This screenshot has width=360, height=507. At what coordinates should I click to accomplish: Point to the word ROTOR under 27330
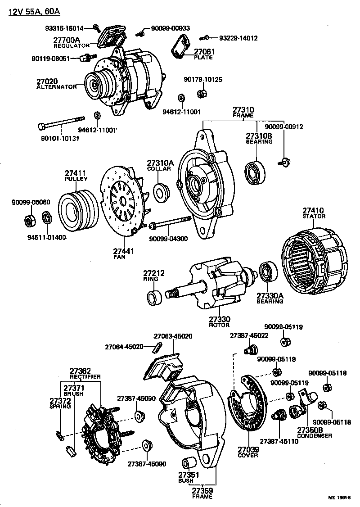220,325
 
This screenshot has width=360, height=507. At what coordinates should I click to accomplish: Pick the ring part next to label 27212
155,297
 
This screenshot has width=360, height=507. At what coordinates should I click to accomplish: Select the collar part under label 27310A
161,192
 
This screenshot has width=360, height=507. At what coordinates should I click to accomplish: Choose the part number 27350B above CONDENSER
309,430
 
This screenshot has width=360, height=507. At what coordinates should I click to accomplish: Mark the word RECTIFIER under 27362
85,376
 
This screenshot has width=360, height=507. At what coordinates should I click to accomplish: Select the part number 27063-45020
173,336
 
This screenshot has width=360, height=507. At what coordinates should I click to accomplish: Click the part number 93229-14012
238,38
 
